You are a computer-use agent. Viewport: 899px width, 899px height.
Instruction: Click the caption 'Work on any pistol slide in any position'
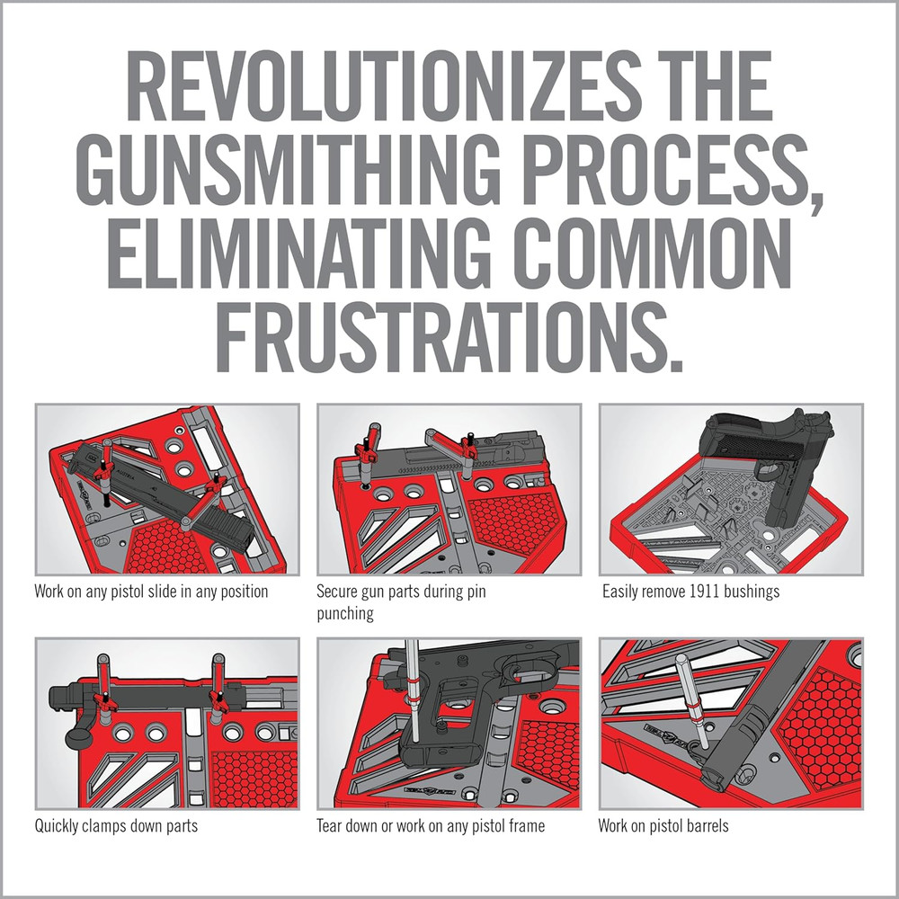[x=151, y=592]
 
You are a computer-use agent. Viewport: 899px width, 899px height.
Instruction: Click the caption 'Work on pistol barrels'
[x=663, y=825]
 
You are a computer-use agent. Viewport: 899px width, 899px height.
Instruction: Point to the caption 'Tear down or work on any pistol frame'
[x=431, y=825]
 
